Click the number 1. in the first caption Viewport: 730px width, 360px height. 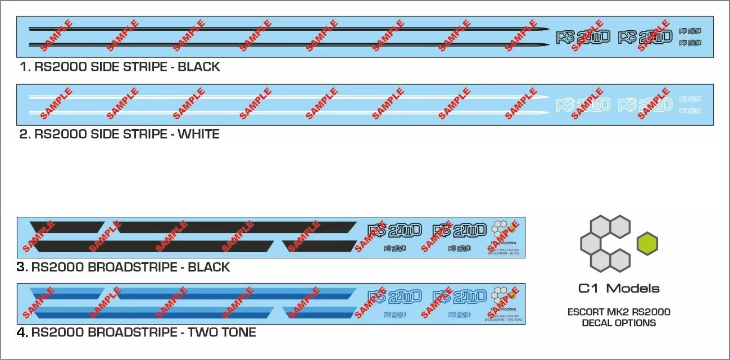point(25,67)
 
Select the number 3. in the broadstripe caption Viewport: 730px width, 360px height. point(22,267)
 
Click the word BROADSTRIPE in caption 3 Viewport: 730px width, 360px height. point(132,267)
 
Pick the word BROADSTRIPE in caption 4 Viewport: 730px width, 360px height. point(132,332)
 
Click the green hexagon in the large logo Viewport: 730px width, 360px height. point(647,244)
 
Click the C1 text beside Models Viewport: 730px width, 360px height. point(589,289)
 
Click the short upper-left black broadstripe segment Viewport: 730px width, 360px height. point(66,227)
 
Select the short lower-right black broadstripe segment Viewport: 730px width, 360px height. point(320,246)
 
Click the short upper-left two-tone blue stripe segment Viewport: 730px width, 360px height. point(66,293)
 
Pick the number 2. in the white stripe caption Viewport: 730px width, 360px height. point(25,135)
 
